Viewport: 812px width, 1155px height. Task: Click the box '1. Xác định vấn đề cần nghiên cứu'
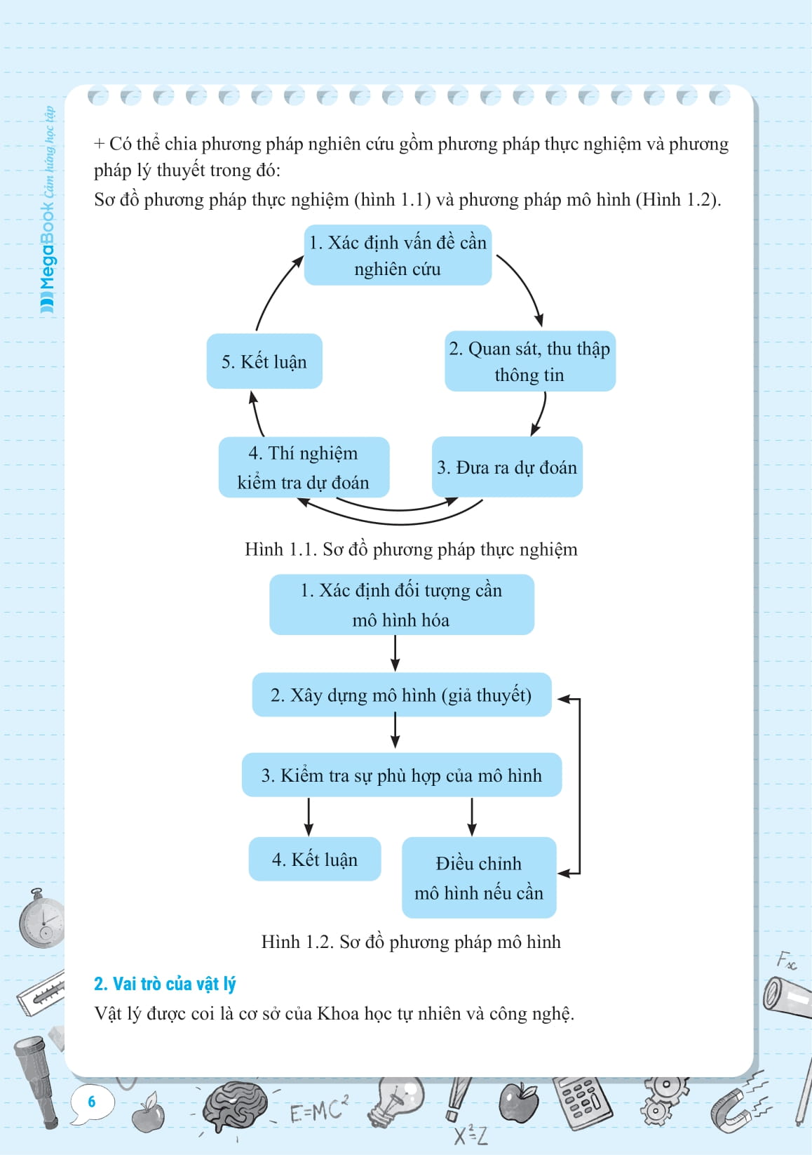[x=398, y=255]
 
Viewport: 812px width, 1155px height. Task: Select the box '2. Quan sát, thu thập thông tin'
[x=530, y=361]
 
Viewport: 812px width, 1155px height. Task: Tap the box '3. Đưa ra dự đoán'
[x=507, y=467]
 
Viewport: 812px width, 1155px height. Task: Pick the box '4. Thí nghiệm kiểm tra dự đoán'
[x=304, y=467]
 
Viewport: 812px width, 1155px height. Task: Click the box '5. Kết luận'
[x=264, y=361]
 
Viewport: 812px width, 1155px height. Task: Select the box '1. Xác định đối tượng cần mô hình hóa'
[x=401, y=605]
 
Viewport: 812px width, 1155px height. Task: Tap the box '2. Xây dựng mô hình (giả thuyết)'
[x=401, y=695]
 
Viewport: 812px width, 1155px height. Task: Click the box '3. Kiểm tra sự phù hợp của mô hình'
[x=401, y=775]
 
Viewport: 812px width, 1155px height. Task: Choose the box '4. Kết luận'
[x=315, y=859]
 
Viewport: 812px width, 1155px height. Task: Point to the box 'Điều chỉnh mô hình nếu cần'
[x=479, y=878]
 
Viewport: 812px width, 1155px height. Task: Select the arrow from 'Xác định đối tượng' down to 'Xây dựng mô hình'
[x=395, y=654]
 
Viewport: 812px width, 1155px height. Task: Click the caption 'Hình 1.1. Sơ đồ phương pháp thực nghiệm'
[x=411, y=549]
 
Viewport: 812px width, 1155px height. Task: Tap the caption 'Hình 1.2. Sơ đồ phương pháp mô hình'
[x=411, y=942]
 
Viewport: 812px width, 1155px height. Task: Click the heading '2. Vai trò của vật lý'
[x=165, y=984]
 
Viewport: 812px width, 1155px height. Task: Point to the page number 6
[x=91, y=1101]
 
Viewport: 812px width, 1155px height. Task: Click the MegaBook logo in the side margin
[x=48, y=211]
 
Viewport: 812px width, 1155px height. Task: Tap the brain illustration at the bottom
[x=235, y=1107]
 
